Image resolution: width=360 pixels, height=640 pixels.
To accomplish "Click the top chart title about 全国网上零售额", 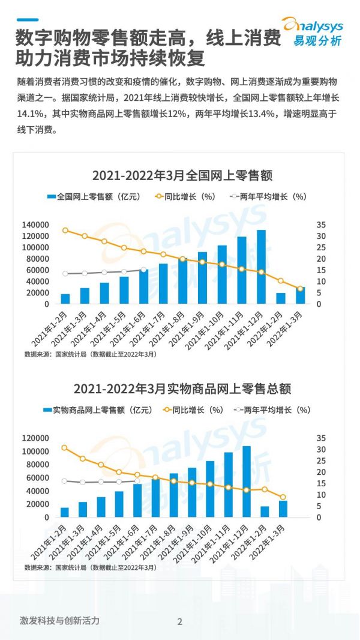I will tap(182, 176).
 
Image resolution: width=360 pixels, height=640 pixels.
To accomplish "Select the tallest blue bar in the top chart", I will tap(261, 267).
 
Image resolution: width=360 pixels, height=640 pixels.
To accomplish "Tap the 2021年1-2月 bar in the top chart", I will tap(65, 298).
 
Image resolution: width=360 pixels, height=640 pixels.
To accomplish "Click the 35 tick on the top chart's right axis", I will tap(322, 225).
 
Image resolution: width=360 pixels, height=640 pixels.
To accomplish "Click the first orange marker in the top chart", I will tap(65, 231).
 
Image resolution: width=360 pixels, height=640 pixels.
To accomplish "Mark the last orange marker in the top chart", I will tap(301, 289).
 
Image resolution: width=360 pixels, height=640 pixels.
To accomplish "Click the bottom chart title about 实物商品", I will tap(182, 388).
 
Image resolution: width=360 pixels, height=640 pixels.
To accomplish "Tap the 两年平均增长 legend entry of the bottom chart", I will tap(272, 410).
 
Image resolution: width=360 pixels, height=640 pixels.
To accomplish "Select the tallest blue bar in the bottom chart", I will tap(247, 481).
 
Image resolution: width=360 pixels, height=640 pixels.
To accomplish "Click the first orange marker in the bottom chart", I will tap(64, 448).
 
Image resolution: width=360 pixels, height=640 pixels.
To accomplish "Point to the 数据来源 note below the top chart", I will tap(90, 354).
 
